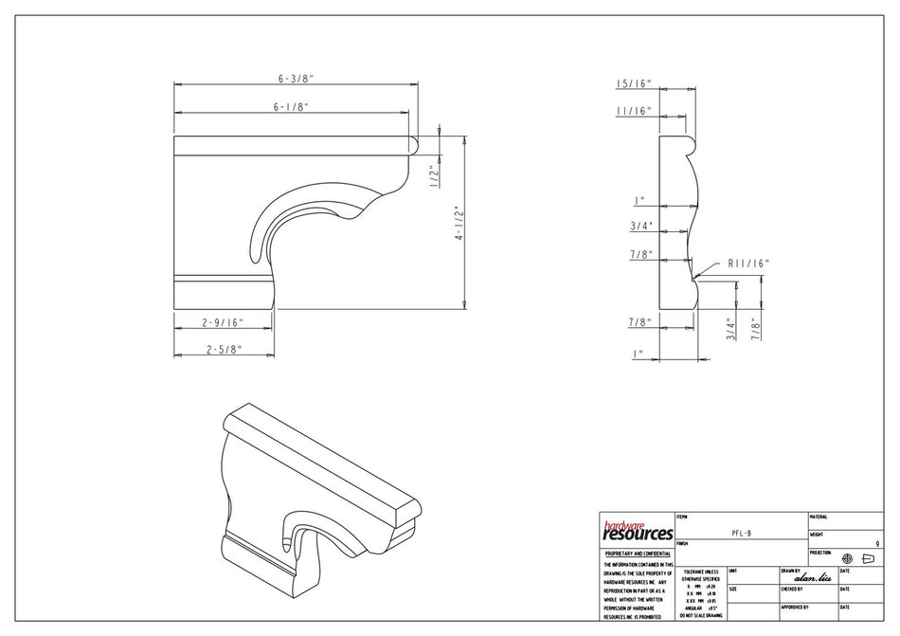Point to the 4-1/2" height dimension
click(458, 223)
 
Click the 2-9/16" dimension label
click(225, 323)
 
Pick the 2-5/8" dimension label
click(225, 350)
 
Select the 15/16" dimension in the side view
click(634, 84)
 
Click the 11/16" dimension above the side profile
click(634, 111)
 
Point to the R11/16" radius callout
click(748, 263)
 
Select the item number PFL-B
click(742, 534)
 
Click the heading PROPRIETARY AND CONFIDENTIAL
click(637, 553)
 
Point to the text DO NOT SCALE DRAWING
click(699, 615)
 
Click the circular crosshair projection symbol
click(847, 559)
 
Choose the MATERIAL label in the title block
click(819, 517)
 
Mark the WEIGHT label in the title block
click(817, 535)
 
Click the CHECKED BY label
click(794, 589)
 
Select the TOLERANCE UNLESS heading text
click(699, 572)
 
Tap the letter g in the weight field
click(878, 544)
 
